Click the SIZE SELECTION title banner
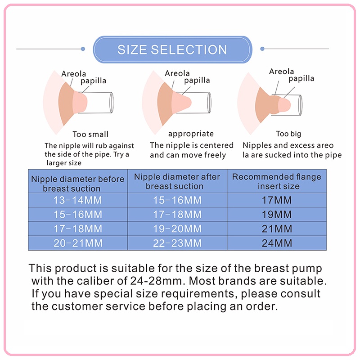coord(172,49)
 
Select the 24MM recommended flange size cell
coord(277,243)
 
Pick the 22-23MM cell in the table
coord(177,243)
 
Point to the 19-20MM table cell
coord(177,229)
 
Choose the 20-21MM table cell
coord(78,243)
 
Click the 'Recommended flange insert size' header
coord(277,181)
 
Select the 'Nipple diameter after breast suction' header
coord(177,181)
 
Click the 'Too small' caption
coord(90,134)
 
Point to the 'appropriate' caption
coord(191,134)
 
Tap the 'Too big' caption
coord(288,134)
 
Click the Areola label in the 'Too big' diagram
coord(282,72)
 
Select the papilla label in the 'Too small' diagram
coord(93,81)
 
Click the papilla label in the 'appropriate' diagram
coord(197,81)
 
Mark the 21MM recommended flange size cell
coord(277,229)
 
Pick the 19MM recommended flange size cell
coord(277,214)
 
